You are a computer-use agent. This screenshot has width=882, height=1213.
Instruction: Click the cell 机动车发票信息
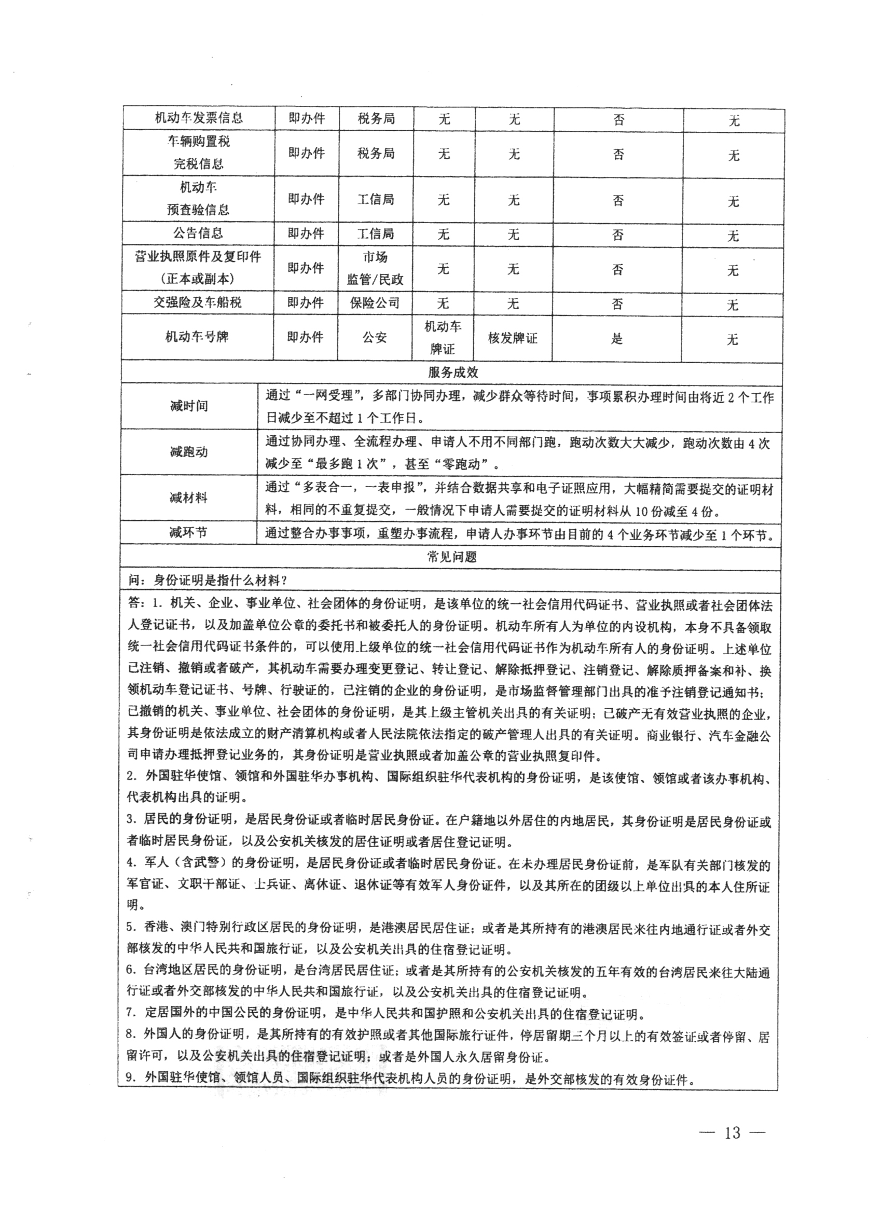click(x=198, y=118)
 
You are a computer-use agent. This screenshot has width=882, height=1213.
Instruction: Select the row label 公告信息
click(x=198, y=233)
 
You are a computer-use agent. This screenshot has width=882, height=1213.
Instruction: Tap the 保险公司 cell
click(x=375, y=302)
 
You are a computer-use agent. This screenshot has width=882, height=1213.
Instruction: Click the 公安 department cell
click(x=375, y=337)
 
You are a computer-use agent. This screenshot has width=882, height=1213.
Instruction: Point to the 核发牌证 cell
click(x=513, y=338)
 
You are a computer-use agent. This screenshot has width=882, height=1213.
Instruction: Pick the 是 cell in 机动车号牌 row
click(x=617, y=339)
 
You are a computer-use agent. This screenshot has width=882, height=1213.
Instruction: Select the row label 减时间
click(x=188, y=406)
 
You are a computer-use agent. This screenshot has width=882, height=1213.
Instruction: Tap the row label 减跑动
click(x=188, y=451)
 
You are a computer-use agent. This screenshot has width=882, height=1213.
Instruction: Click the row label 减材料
click(x=188, y=498)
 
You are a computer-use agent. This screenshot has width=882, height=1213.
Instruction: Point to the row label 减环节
click(x=188, y=533)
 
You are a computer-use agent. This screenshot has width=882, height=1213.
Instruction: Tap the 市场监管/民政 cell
click(x=375, y=268)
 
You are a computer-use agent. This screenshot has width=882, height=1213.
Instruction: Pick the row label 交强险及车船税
click(x=198, y=302)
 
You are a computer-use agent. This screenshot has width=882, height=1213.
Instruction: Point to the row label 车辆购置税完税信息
click(x=198, y=153)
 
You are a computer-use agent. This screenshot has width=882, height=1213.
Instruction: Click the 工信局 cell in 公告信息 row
click(x=376, y=233)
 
